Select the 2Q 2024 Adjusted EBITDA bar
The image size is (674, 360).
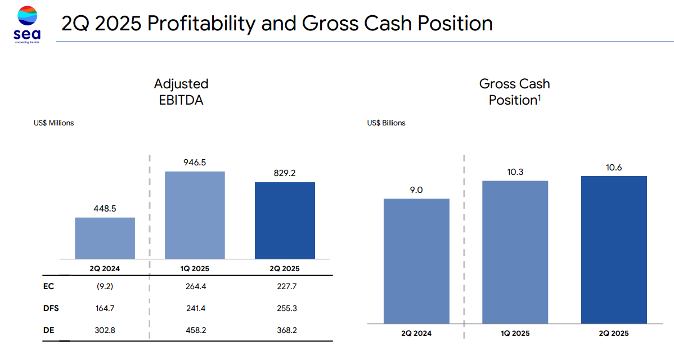105,238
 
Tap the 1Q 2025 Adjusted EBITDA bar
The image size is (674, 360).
195,215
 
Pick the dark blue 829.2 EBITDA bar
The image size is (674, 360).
285,220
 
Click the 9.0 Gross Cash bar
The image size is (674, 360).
416,261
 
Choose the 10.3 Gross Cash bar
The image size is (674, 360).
515,252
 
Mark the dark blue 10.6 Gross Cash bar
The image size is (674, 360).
614,250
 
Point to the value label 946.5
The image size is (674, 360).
195,163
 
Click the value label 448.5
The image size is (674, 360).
105,209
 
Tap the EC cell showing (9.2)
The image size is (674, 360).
105,286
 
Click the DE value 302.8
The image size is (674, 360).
105,330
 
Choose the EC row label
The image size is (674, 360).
48,286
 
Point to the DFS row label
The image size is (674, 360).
51,308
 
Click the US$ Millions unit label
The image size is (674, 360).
53,123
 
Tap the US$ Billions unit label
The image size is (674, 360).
386,123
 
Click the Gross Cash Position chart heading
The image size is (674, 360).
514,92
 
